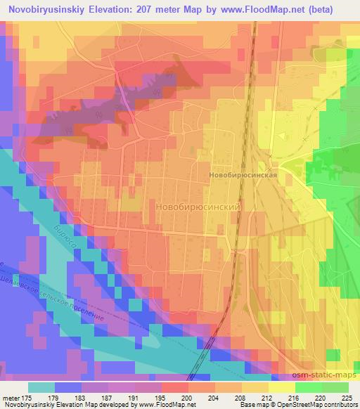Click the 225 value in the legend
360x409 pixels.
[x=348, y=397]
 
